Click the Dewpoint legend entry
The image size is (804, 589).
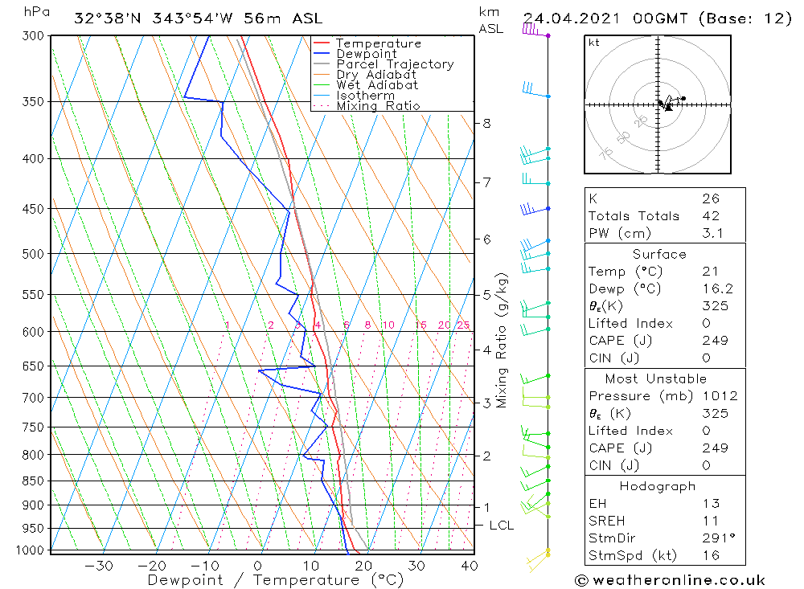[x=366, y=54]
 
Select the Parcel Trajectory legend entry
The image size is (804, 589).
[x=395, y=64]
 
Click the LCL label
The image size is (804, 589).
[x=502, y=526]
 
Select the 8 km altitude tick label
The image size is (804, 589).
[x=486, y=123]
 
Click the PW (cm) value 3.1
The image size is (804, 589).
[x=712, y=233]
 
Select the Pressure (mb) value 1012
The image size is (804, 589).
[x=719, y=396]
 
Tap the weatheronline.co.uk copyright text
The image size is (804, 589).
[x=671, y=580]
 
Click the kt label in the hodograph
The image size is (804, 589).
[x=594, y=43]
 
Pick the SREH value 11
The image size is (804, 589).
[x=710, y=521]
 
